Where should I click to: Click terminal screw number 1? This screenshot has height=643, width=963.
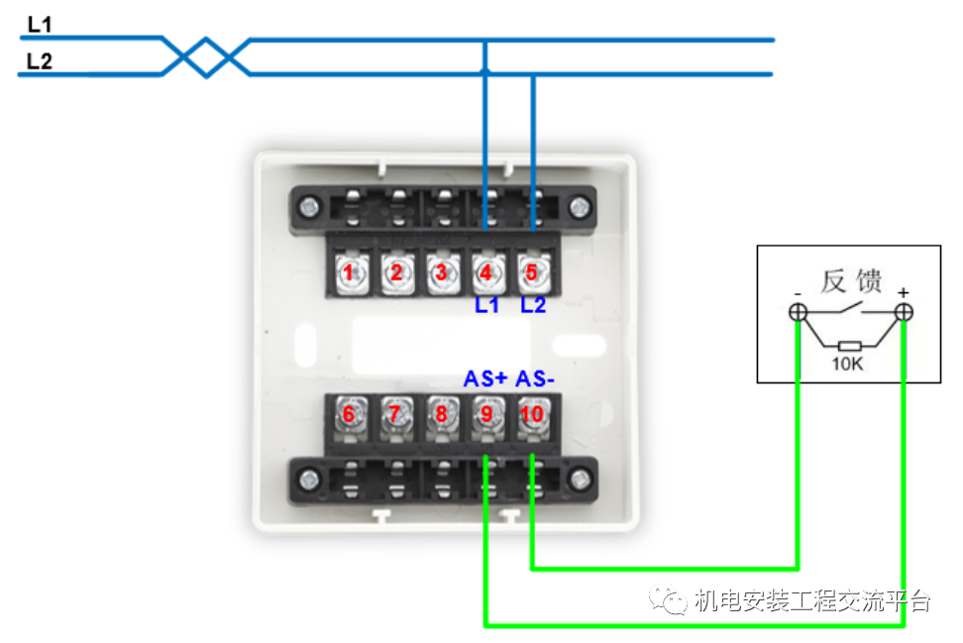348,272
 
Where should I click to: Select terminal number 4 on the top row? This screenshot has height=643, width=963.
486,272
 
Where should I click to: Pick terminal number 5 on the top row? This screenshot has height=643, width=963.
532,272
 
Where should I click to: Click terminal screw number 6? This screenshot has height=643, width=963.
348,414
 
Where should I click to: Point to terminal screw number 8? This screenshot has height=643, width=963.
441,414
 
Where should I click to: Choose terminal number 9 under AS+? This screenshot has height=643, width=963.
486,414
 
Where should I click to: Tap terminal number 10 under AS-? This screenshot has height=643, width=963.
532,414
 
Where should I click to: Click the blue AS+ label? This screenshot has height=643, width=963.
485,379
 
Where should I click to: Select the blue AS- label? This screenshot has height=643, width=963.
536,379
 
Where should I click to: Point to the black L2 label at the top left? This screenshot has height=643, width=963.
40,61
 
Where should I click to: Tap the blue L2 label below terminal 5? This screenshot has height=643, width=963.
533,305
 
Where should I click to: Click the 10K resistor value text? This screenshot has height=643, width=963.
847,365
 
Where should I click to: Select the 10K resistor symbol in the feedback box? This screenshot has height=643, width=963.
848,346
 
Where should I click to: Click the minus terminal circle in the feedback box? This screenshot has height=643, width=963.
798,313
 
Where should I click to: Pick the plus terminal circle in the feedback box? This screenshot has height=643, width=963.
904,313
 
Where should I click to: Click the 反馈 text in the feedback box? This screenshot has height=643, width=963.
851,281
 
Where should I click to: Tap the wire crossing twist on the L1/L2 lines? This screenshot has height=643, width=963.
206,56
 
